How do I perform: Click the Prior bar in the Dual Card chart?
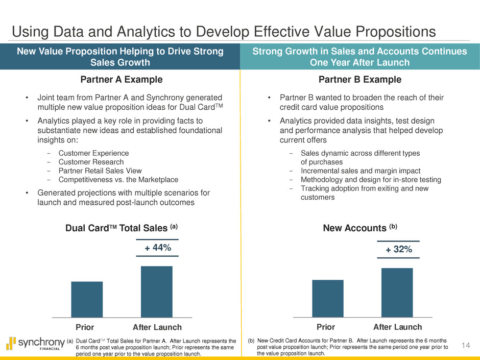pyautogui.click(x=87, y=299)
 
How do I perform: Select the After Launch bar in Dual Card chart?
pyautogui.click(x=156, y=292)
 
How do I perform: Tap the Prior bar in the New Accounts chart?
pyautogui.click(x=327, y=298)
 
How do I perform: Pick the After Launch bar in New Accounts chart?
pyautogui.click(x=397, y=293)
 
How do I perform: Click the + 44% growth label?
pyautogui.click(x=157, y=248)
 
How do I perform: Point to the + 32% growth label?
pyautogui.click(x=398, y=249)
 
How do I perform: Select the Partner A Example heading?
pyautogui.click(x=122, y=80)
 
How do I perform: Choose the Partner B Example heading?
pyautogui.click(x=360, y=80)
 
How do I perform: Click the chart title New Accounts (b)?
pyautogui.click(x=359, y=228)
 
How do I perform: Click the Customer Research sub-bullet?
pyautogui.click(x=91, y=162)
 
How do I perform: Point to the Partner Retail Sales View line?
pyautogui.click(x=100, y=171)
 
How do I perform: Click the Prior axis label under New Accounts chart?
pyautogui.click(x=326, y=327)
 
